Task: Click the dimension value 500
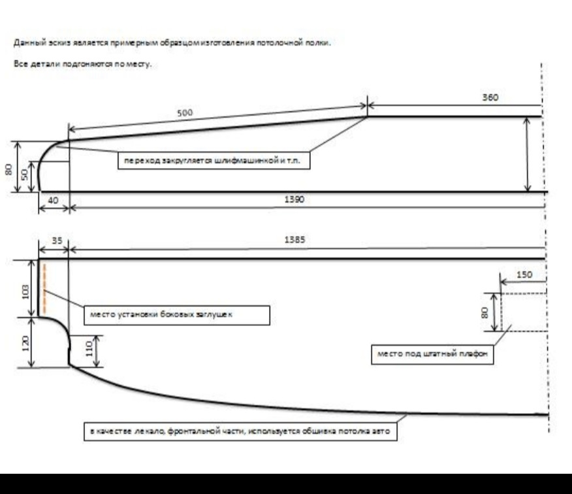click(x=185, y=112)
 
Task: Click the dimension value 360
click(x=490, y=97)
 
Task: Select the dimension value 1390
click(x=293, y=200)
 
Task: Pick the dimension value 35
click(x=57, y=240)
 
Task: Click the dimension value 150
click(x=524, y=274)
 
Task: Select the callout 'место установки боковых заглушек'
click(x=176, y=314)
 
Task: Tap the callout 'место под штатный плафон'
click(x=432, y=354)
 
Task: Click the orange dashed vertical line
click(x=44, y=288)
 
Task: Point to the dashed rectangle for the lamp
click(x=522, y=312)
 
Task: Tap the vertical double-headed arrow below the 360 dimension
click(x=528, y=154)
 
